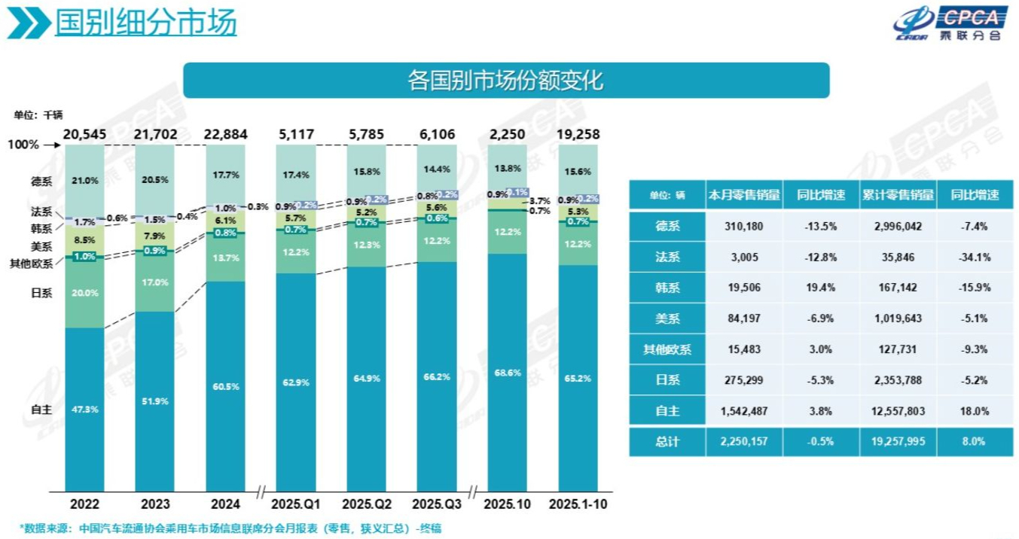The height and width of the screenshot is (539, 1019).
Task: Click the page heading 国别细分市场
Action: coord(146,23)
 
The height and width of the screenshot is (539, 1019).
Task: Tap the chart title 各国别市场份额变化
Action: coord(505,81)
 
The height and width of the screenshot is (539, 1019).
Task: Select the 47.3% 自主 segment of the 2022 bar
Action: coord(84,409)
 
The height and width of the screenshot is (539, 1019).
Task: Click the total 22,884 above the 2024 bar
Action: coord(225,134)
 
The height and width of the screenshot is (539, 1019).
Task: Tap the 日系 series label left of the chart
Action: coord(41,293)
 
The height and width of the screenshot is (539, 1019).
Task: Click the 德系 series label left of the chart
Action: coord(41,180)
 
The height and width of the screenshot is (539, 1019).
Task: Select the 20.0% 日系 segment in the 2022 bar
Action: coord(84,293)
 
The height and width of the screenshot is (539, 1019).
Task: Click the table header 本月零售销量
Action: coord(744,195)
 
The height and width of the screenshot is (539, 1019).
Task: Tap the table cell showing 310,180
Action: coord(744,226)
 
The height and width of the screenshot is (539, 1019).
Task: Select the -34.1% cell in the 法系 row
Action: coord(975,257)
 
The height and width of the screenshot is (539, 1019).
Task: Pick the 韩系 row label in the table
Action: coord(667,288)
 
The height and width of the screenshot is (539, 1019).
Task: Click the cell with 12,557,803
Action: coord(898,411)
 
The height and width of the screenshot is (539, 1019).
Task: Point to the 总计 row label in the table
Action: coord(667,442)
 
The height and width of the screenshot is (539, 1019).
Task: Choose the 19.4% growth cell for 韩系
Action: coord(822,288)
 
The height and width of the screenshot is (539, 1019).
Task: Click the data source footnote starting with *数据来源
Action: coord(230,528)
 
